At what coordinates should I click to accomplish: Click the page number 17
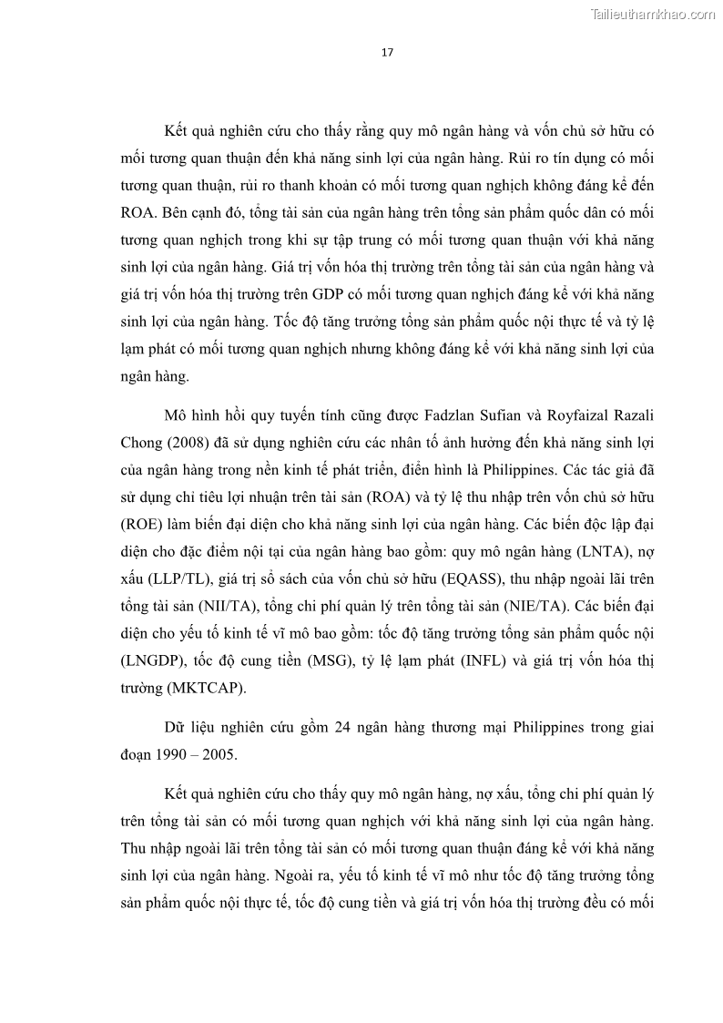(x=386, y=52)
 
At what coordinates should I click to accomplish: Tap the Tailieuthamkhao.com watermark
(x=653, y=14)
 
